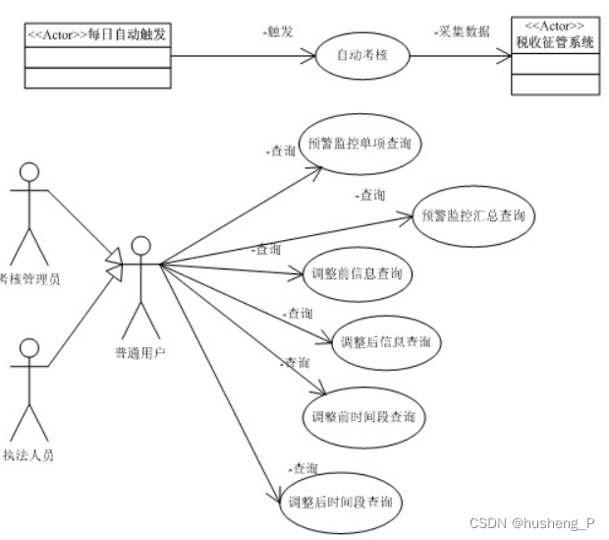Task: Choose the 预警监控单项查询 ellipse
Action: (359, 145)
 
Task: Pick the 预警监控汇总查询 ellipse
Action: (472, 215)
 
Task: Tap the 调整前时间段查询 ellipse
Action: (362, 416)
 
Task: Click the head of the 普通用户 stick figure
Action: (142, 245)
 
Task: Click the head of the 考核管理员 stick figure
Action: (30, 172)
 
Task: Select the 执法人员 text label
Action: (29, 454)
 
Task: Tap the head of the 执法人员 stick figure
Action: (30, 349)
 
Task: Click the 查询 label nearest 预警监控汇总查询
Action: (371, 195)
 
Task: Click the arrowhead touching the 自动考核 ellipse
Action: (313, 56)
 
